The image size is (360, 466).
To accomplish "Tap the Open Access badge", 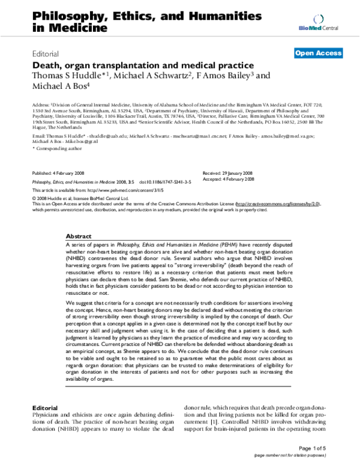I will pyautogui.click(x=318, y=53).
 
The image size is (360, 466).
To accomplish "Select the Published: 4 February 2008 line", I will pyautogui.click(x=58, y=172).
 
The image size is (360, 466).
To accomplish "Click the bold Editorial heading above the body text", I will pyautogui.click(x=44, y=407).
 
